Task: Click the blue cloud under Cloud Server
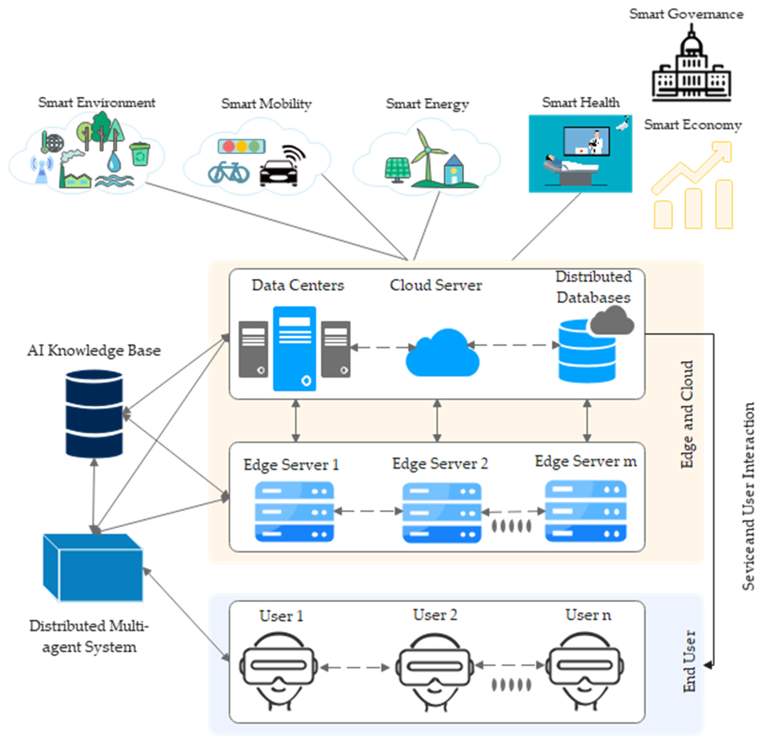coord(442,354)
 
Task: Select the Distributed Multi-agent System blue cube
coord(93,568)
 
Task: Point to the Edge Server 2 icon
coord(442,513)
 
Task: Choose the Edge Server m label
coord(585,461)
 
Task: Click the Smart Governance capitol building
coord(691,67)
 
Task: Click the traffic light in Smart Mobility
coord(241,146)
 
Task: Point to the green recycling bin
coord(140,154)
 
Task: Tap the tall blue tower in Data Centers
coord(294,349)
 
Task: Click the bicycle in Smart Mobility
coord(229,172)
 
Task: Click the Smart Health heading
coord(581,103)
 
